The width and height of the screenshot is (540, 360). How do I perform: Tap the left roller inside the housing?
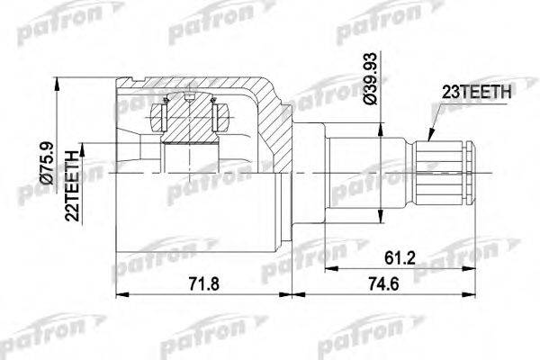coord(163,115)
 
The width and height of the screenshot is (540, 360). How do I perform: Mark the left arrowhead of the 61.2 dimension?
coord(328,268)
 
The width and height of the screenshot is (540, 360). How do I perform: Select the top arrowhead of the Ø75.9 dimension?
coord(59,83)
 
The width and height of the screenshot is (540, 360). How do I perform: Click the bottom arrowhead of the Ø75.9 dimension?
coord(59,255)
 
